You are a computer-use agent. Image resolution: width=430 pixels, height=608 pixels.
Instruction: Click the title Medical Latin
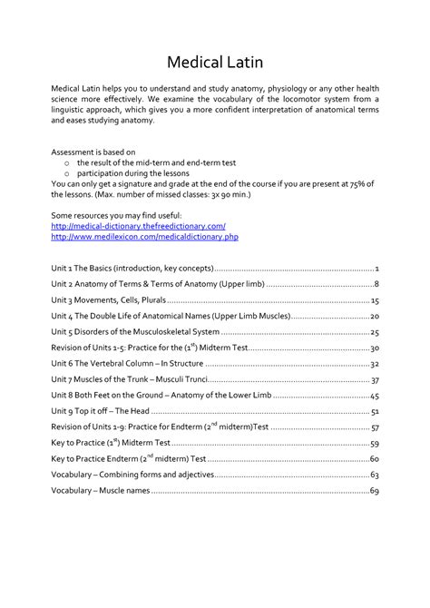[214, 64]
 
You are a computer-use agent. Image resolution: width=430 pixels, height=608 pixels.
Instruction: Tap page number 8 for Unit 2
[376, 284]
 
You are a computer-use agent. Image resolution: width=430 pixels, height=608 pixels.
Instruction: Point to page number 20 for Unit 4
[374, 316]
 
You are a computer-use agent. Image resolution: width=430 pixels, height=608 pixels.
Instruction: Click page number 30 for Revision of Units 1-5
[374, 348]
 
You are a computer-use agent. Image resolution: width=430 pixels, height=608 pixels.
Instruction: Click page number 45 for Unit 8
[374, 396]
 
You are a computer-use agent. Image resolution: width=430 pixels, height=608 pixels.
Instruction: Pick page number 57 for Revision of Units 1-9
[374, 427]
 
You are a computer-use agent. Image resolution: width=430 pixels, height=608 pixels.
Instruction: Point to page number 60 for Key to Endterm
[374, 459]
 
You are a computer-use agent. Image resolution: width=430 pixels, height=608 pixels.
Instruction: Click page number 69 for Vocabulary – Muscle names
[374, 491]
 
